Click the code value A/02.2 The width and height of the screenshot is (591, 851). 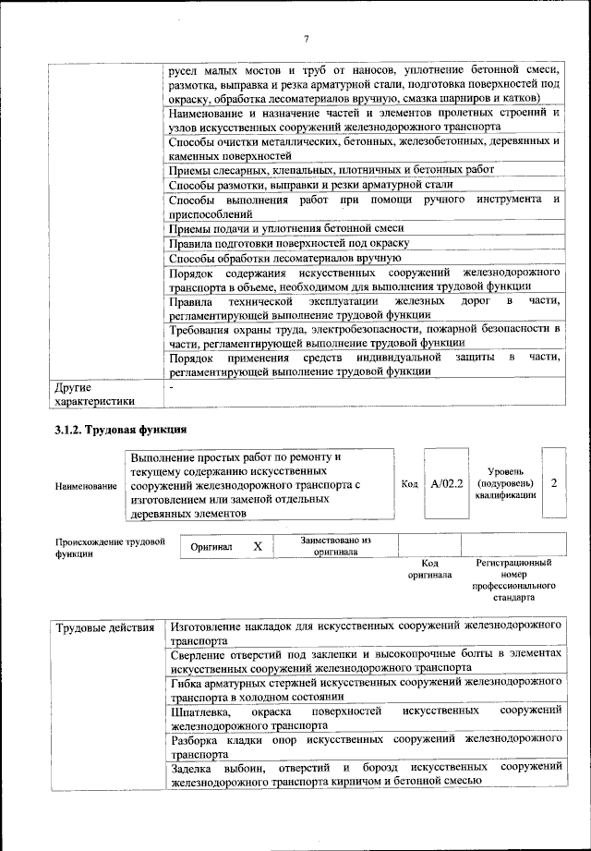(447, 483)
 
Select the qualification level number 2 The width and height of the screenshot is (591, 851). (553, 483)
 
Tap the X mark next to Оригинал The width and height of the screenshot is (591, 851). (258, 547)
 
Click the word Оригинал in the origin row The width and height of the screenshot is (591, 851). (211, 547)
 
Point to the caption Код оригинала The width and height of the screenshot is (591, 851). (429, 568)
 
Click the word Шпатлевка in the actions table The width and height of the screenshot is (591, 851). (201, 711)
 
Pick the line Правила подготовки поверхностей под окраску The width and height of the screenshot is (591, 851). (289, 243)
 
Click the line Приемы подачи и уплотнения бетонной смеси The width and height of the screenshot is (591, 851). (287, 228)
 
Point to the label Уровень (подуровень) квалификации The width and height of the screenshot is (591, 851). (504, 483)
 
